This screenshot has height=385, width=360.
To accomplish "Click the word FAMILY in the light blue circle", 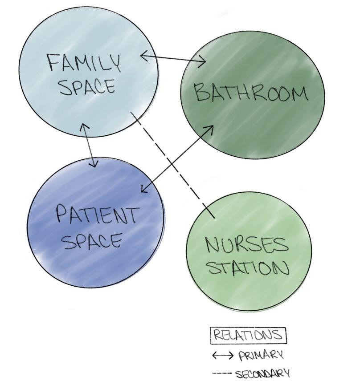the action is tap(84, 64).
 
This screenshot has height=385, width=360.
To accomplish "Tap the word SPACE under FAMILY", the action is tap(87, 86).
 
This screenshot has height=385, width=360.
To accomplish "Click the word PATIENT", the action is tap(97, 215).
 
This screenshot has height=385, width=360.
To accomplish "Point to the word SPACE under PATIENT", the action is tap(92, 241).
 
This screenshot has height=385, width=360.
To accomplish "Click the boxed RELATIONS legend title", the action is tap(248, 335).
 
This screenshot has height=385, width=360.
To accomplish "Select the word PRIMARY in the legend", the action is tap(261, 356).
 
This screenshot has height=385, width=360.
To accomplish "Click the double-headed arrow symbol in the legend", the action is tap(222, 355).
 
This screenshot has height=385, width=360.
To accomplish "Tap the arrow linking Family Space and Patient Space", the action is tap(89, 145).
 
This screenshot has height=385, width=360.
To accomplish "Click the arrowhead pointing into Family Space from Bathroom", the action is tap(144, 56).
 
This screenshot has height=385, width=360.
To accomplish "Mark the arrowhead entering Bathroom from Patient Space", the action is tap(210, 128).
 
